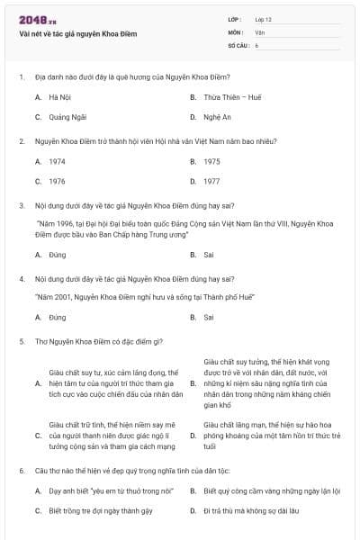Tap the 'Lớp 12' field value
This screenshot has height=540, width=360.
click(263, 19)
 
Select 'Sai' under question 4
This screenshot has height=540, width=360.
click(209, 318)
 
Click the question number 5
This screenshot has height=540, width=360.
click(21, 341)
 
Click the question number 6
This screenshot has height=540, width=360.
click(21, 470)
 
